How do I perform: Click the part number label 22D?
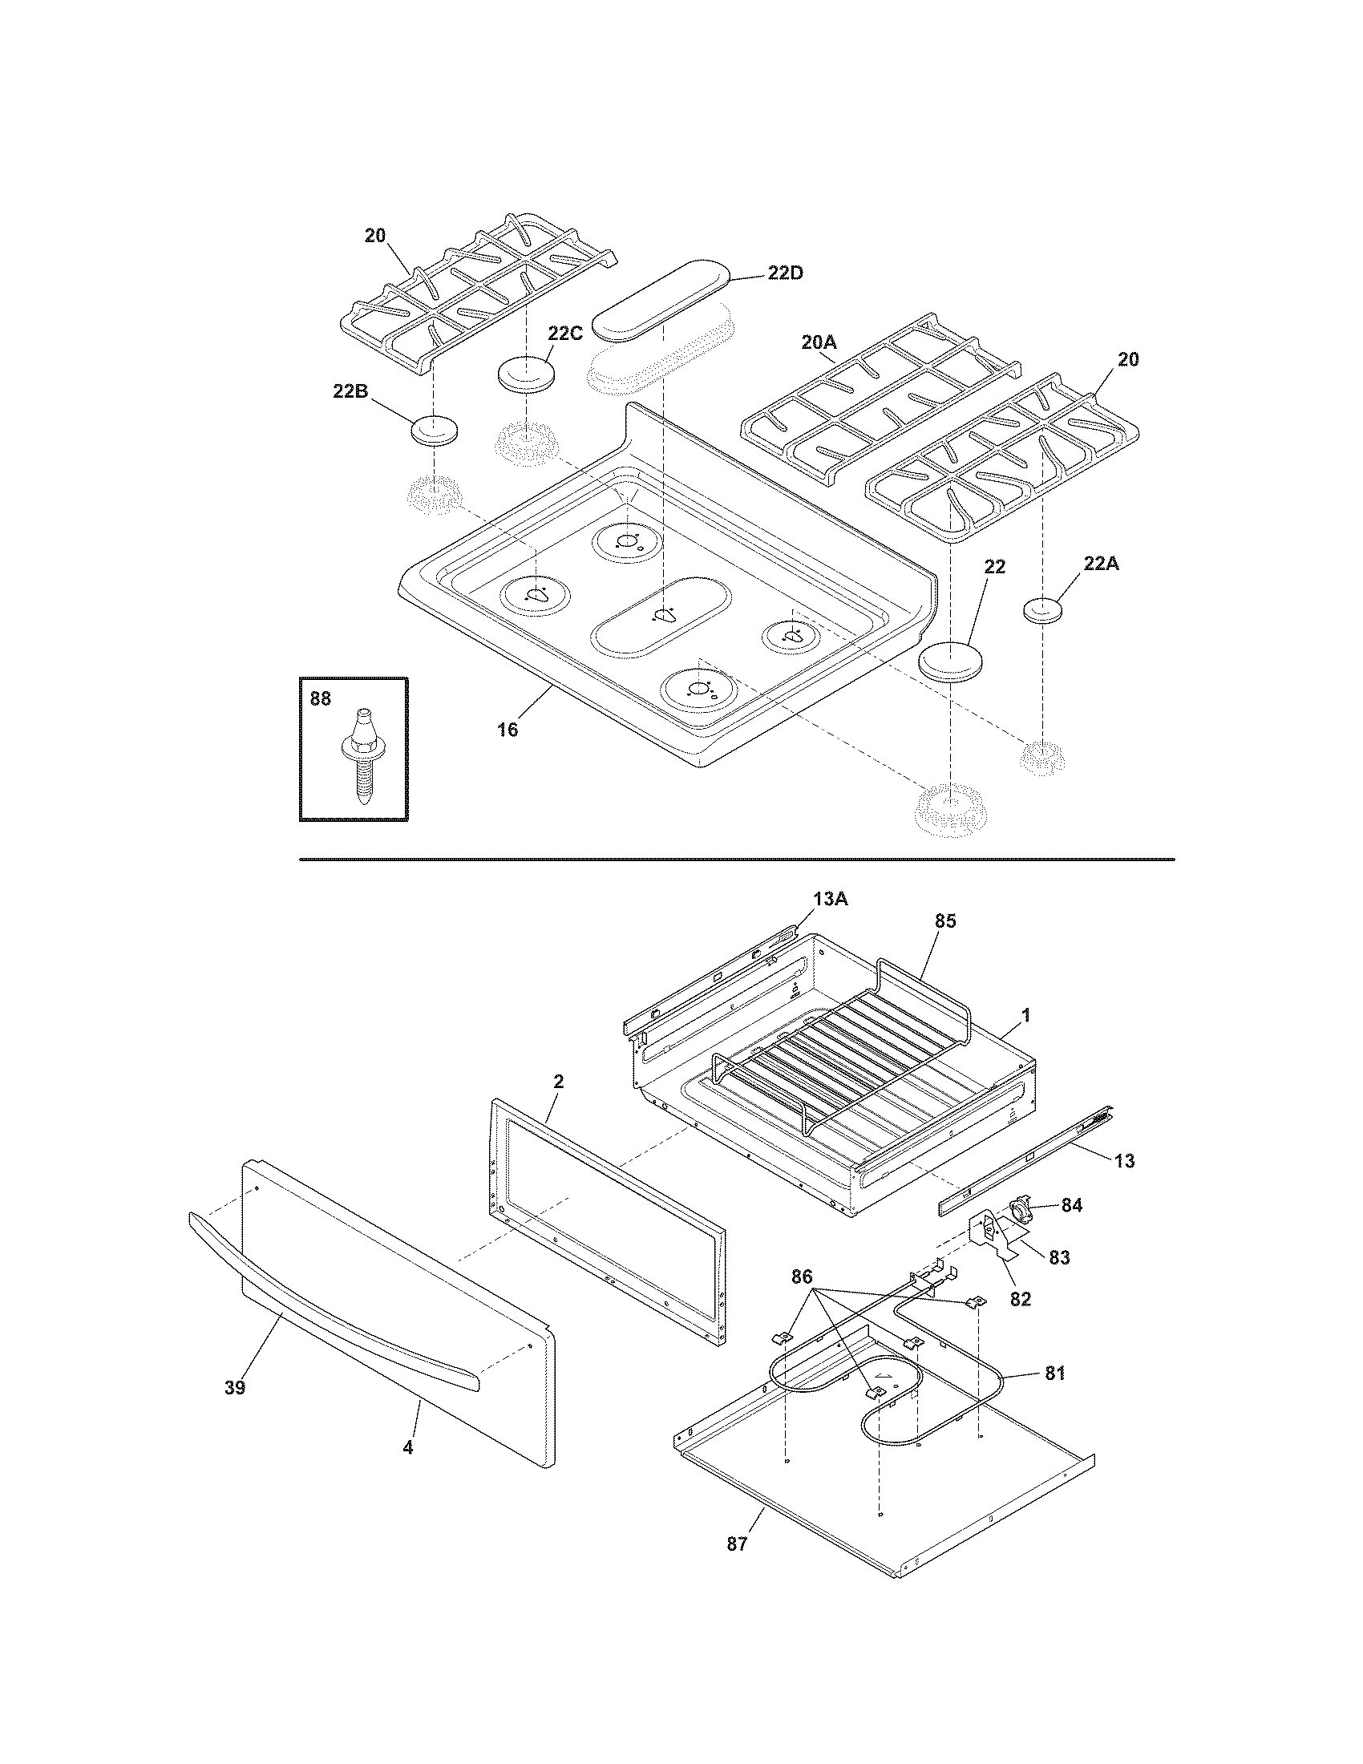(x=785, y=273)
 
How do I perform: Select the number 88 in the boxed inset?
(x=321, y=698)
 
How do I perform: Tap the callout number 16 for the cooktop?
(x=506, y=730)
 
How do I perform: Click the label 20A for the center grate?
(x=819, y=342)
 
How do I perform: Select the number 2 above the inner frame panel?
(x=558, y=1082)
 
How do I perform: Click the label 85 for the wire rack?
(x=944, y=920)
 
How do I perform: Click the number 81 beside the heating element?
(x=1054, y=1372)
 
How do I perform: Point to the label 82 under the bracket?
(x=1021, y=1299)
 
